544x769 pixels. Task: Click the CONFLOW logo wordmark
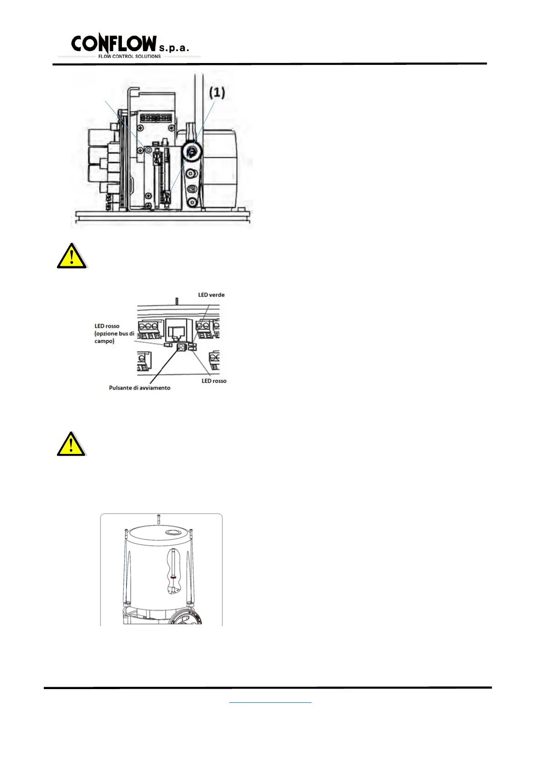(x=114, y=43)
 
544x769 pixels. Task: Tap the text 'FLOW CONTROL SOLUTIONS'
(x=129, y=57)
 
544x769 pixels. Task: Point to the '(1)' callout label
(x=217, y=93)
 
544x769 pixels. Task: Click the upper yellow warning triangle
(x=72, y=257)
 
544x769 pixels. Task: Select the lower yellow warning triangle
(x=71, y=444)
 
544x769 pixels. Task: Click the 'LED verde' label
(x=211, y=295)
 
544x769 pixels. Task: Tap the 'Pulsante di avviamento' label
(x=139, y=388)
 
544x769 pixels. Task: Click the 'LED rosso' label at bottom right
(x=214, y=381)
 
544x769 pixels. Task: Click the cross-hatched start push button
(x=182, y=348)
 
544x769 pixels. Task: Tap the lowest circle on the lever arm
(x=193, y=202)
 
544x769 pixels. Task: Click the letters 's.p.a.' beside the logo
(x=174, y=48)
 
